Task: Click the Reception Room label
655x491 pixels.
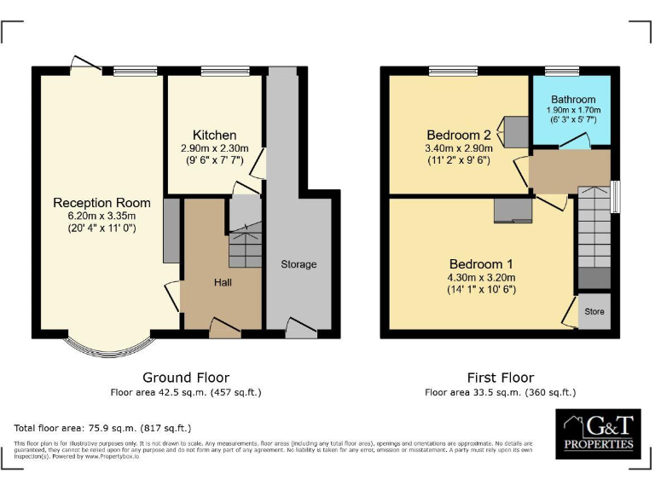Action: pyautogui.click(x=101, y=203)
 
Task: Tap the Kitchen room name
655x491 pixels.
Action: pyautogui.click(x=214, y=136)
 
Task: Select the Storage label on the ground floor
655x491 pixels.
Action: pyautogui.click(x=299, y=264)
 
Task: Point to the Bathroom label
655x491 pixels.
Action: pyautogui.click(x=573, y=100)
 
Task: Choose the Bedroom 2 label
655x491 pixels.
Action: pyautogui.click(x=459, y=135)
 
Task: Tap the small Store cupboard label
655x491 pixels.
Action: pyautogui.click(x=594, y=312)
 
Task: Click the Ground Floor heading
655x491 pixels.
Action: pyautogui.click(x=185, y=378)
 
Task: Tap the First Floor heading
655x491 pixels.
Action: pyautogui.click(x=501, y=378)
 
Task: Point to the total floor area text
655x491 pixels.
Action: pyautogui.click(x=102, y=428)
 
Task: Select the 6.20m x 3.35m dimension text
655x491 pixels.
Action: pyautogui.click(x=101, y=217)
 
